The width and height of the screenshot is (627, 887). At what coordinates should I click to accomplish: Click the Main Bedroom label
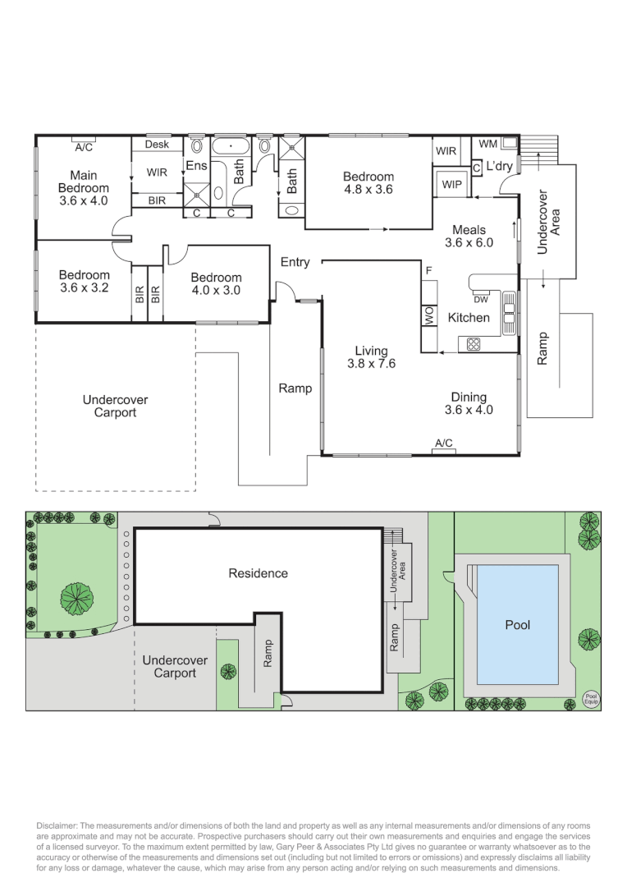[x=83, y=187]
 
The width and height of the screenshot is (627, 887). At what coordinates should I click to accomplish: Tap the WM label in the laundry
[x=487, y=144]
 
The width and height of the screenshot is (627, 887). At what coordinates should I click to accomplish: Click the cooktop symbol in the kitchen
[x=474, y=344]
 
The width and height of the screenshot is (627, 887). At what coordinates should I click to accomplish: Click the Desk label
[x=157, y=145]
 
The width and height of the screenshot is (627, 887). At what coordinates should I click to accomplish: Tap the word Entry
[x=295, y=262]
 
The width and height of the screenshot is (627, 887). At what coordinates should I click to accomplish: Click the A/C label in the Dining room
[x=444, y=443]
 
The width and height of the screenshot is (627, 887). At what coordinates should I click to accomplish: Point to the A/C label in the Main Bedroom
[x=83, y=148]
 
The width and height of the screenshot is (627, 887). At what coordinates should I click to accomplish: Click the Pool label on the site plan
[x=517, y=625]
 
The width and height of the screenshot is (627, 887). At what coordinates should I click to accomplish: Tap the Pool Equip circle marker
[x=591, y=699]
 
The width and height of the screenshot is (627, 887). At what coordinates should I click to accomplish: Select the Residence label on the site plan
[x=258, y=573]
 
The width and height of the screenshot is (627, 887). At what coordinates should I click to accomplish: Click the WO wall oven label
[x=428, y=316]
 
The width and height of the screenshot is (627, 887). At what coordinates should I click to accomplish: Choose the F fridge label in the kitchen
[x=428, y=269]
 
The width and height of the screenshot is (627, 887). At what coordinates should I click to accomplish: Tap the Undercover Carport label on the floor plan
[x=115, y=406]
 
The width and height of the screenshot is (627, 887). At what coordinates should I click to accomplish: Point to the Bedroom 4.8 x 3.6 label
[x=368, y=182]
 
